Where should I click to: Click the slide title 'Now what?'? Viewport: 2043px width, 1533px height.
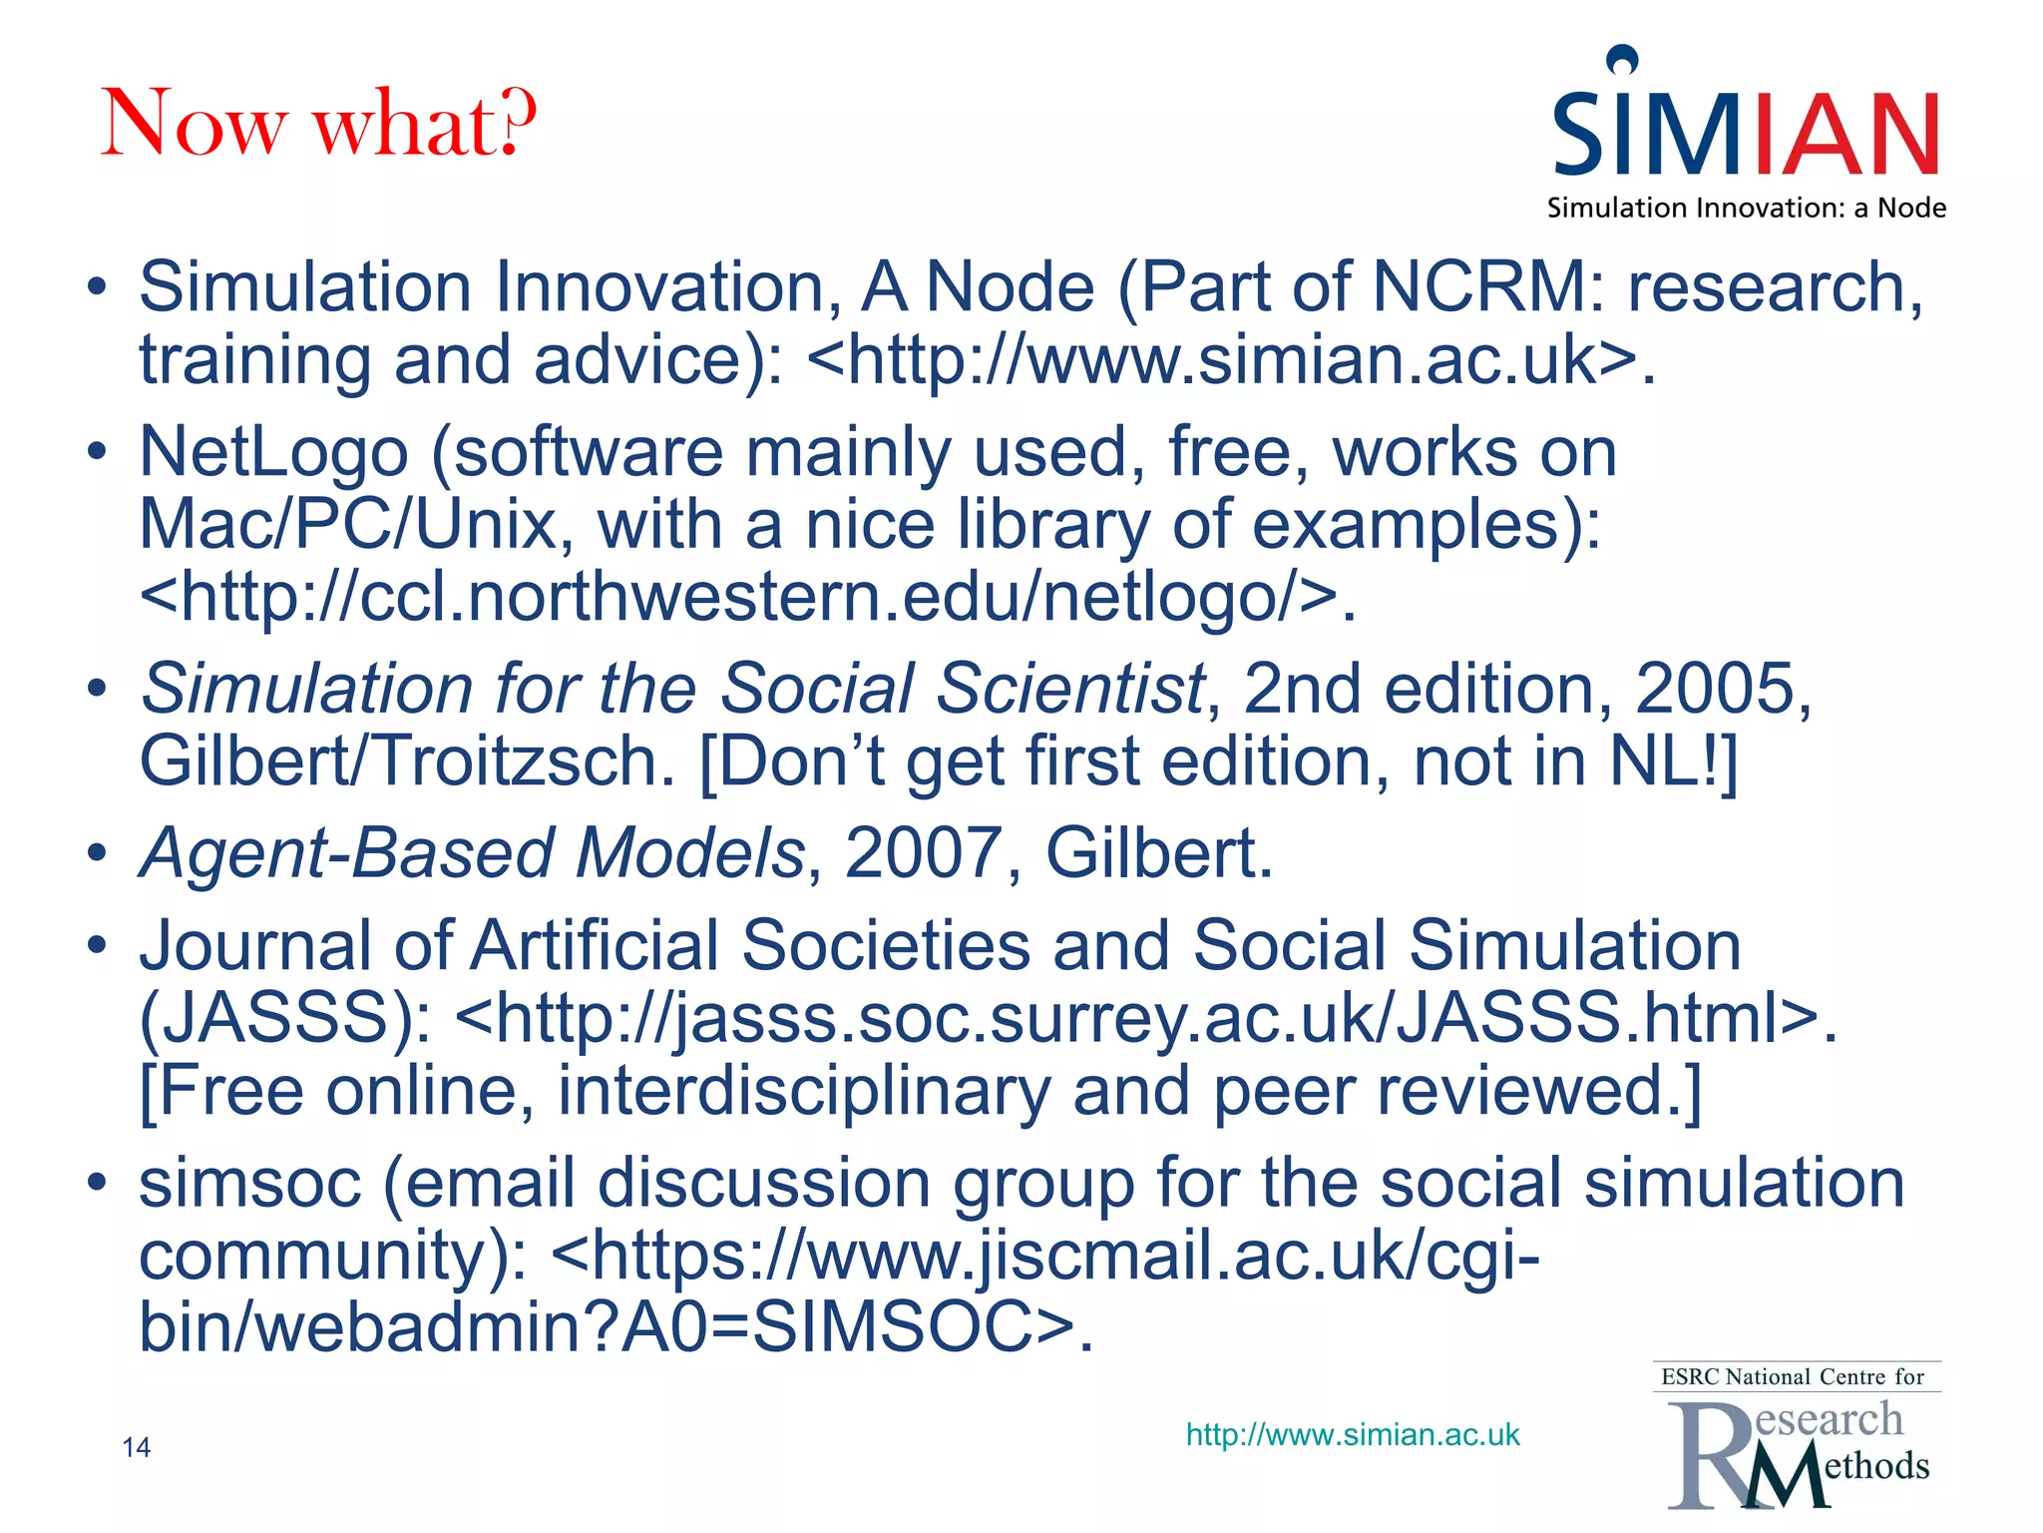click(x=319, y=124)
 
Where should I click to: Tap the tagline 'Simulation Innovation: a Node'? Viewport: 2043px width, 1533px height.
click(x=1746, y=209)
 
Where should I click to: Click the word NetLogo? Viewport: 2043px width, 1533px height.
click(x=273, y=452)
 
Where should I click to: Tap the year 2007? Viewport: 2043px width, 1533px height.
click(x=922, y=853)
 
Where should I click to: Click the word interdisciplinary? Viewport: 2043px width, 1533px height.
click(x=803, y=1090)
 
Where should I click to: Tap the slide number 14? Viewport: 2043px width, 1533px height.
click(x=136, y=1447)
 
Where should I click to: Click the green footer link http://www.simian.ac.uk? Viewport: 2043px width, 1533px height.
click(x=1353, y=1435)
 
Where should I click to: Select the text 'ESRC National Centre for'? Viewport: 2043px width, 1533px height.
click(x=1792, y=1377)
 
